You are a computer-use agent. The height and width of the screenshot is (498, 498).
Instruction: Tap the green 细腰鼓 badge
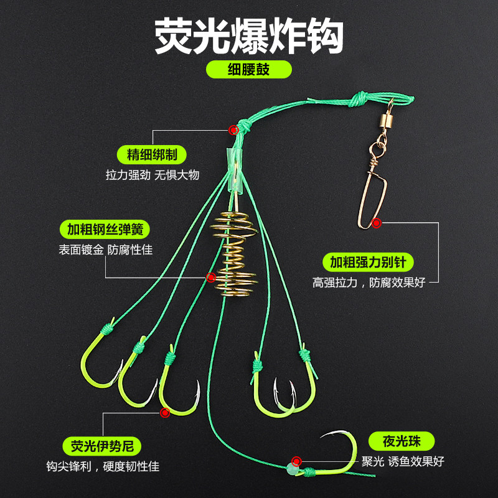(248, 68)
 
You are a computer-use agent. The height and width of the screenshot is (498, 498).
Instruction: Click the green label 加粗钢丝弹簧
(105, 229)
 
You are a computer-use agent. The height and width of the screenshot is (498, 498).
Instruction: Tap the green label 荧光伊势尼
(102, 446)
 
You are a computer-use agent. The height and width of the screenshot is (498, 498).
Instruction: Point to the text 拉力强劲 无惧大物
(153, 175)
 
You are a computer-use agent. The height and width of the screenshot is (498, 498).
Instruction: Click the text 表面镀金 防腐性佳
(105, 250)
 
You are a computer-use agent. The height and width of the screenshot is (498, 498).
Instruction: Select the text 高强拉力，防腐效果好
(369, 282)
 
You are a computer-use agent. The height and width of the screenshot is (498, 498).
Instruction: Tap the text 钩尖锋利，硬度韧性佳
(102, 466)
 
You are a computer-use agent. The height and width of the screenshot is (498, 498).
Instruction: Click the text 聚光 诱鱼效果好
(403, 462)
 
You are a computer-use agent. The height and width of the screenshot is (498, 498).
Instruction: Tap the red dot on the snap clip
(376, 223)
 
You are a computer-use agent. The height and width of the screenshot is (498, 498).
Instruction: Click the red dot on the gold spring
(211, 277)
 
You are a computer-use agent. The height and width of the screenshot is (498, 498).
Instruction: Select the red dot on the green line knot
(233, 130)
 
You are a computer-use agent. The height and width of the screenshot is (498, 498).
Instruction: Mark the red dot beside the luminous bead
(297, 461)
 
